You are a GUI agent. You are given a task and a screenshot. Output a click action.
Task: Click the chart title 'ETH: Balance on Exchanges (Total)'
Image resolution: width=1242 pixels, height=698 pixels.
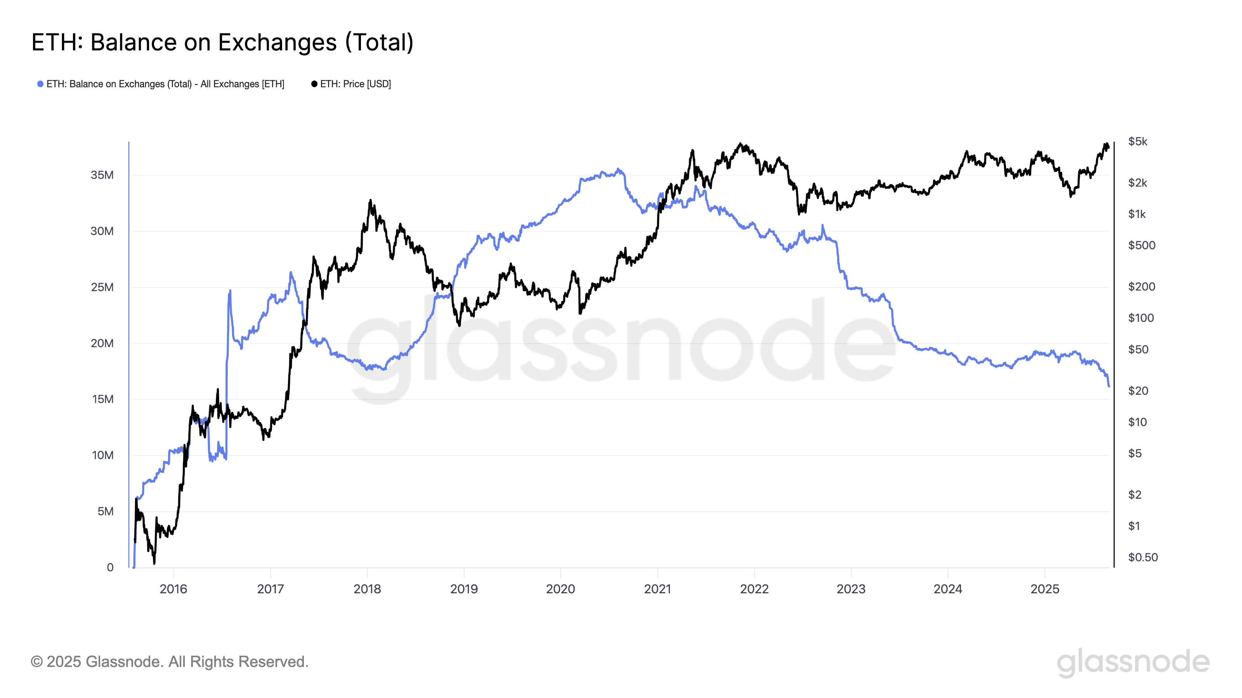[x=222, y=42]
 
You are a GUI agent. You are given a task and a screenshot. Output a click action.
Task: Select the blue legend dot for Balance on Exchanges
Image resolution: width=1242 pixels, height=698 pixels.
[x=40, y=84]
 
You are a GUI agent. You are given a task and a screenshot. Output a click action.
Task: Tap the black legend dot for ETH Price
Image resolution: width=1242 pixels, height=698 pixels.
[x=314, y=84]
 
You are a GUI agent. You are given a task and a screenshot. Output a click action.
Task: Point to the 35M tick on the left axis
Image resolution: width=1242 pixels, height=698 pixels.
[x=102, y=175]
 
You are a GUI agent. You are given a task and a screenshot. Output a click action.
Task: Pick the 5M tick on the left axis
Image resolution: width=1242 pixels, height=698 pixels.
[x=106, y=511]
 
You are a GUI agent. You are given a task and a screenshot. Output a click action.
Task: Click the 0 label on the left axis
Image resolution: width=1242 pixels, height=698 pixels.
[x=110, y=567]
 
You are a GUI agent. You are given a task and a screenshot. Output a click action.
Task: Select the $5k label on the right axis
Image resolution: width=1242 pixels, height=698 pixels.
[x=1137, y=142]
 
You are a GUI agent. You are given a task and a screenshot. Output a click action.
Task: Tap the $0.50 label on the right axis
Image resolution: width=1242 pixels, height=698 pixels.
[x=1143, y=557]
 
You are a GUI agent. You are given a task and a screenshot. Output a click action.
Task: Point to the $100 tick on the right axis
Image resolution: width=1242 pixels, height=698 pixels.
[x=1141, y=318]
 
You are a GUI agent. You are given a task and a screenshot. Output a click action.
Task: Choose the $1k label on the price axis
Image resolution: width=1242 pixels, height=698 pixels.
[x=1137, y=214]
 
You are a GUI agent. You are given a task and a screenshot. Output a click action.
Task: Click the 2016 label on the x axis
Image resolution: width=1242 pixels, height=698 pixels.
[x=173, y=589]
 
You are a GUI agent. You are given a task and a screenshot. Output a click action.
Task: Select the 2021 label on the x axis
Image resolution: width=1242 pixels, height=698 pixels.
[x=657, y=589]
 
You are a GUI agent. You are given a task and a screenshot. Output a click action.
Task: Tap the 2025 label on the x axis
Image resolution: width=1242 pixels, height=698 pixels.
[x=1044, y=589]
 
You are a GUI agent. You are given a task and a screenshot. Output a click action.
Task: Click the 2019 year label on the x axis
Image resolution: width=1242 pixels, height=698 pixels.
[x=464, y=589]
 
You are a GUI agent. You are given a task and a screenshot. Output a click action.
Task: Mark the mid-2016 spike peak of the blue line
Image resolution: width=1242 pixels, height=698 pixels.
[x=230, y=291]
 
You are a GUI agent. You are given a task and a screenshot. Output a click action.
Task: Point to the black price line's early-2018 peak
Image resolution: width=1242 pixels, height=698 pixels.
[x=370, y=200]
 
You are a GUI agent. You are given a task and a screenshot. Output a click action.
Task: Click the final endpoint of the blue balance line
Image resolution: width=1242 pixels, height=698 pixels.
[x=1109, y=386]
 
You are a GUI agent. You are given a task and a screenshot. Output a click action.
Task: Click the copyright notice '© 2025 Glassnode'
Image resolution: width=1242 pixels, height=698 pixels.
[x=169, y=662]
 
